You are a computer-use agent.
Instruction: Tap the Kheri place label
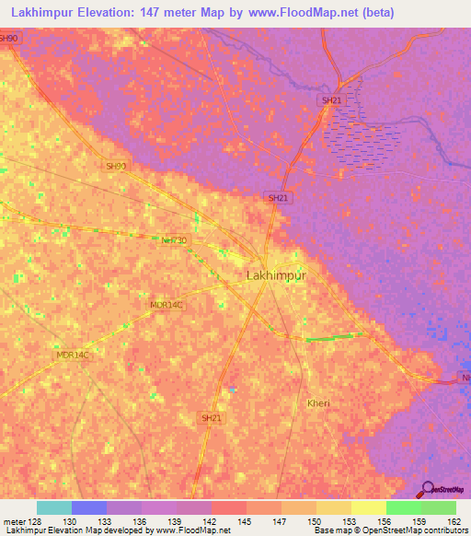click(318, 403)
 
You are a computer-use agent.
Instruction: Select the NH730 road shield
click(174, 239)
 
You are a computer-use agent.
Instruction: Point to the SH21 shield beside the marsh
click(331, 99)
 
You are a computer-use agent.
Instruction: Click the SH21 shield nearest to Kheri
click(211, 418)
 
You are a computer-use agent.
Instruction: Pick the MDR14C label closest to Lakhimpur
click(167, 304)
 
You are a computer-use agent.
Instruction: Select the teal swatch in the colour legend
click(54, 507)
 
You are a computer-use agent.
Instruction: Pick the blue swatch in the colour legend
click(89, 507)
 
